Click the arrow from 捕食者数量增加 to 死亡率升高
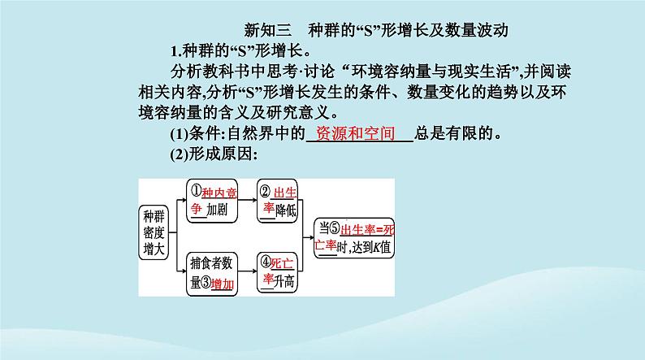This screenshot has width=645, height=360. pyautogui.click(x=247, y=271)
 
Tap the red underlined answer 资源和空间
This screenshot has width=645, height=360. pyautogui.click(x=361, y=133)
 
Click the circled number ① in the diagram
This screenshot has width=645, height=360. pyautogui.click(x=196, y=191)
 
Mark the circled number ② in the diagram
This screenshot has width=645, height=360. pyautogui.click(x=265, y=192)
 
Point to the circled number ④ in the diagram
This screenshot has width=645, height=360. pyautogui.click(x=265, y=262)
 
